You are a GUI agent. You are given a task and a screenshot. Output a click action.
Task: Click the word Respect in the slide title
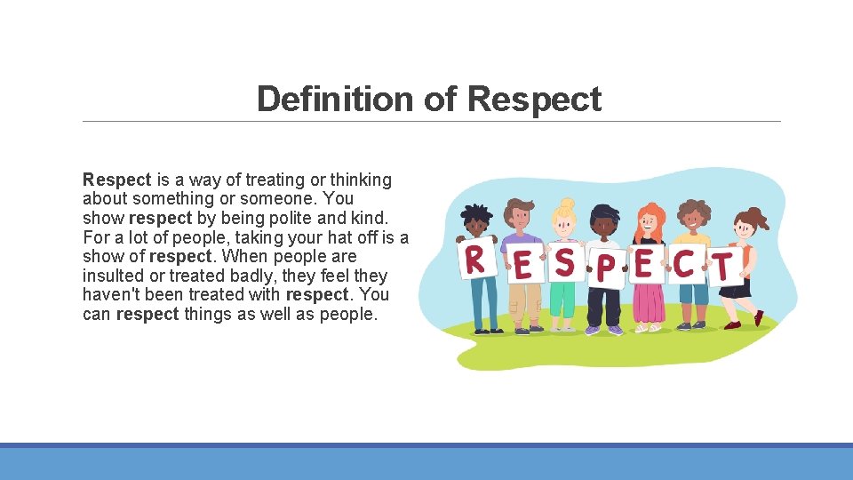click(534, 99)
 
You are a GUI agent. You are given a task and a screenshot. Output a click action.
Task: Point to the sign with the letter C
click(683, 263)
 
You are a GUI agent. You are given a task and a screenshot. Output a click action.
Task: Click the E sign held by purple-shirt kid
click(523, 266)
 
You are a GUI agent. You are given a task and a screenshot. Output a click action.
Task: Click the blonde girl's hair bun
click(567, 204)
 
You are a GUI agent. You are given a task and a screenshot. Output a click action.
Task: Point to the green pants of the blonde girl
click(562, 299)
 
